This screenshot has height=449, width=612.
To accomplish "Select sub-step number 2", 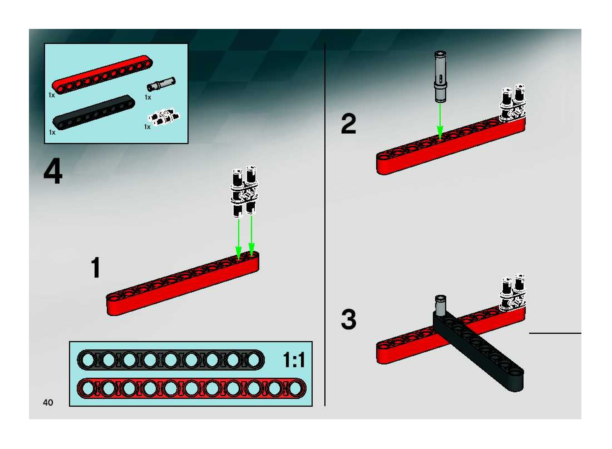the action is (x=348, y=124).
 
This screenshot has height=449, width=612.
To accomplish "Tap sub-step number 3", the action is (x=348, y=319).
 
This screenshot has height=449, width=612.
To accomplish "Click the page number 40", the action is (x=48, y=402).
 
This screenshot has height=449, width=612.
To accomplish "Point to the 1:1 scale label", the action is (x=294, y=360).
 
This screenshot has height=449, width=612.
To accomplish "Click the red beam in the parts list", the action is (x=102, y=75).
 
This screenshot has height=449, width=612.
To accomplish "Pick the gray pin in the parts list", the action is (x=161, y=84).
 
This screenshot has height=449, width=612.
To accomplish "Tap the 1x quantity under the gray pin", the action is (x=148, y=97).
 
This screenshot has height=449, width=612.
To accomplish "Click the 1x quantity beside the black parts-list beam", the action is (x=52, y=132).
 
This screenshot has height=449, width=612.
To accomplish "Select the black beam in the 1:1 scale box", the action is (x=171, y=360).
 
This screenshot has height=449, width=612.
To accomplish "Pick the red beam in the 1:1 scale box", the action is (x=191, y=388).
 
